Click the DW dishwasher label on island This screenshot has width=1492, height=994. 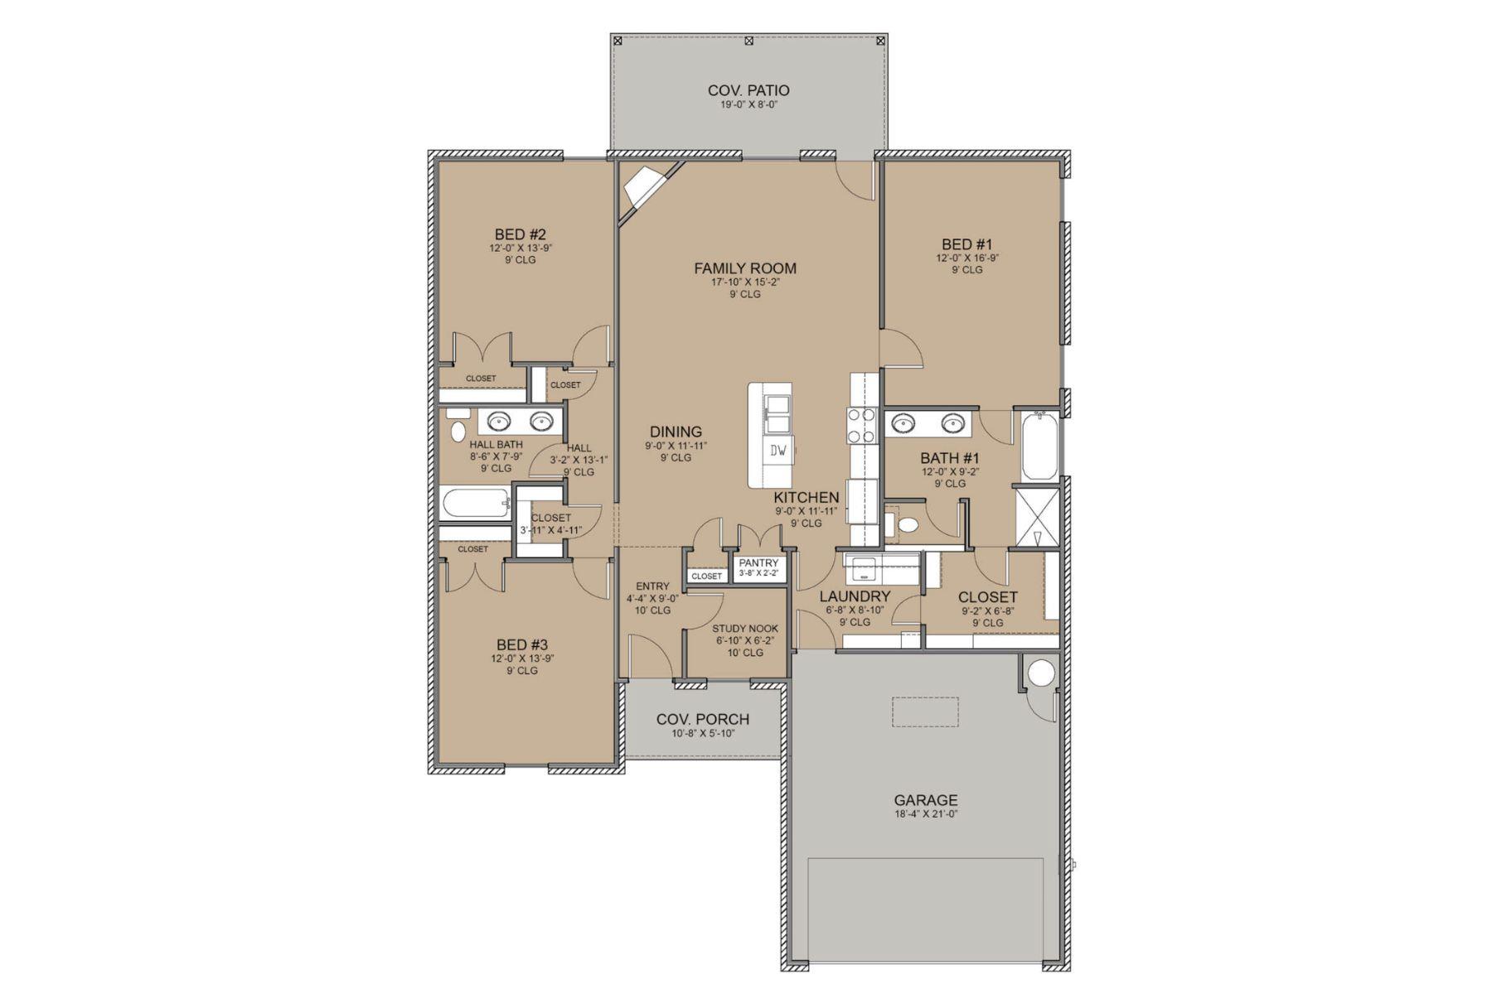coord(778,451)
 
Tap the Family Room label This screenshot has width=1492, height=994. coord(745,268)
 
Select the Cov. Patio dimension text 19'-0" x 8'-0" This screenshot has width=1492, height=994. coord(748,105)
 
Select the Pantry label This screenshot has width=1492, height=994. coord(758,563)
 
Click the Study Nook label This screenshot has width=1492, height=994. coord(745,629)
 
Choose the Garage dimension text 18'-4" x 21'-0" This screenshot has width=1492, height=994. coord(925,814)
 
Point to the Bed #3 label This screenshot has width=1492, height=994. coord(522,644)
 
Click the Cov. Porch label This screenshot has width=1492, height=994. coord(703,720)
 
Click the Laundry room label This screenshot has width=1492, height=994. coord(855,596)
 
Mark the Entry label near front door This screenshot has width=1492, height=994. coord(652,586)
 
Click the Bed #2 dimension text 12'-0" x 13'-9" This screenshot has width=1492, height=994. coord(521,248)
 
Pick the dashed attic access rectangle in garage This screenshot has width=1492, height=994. coord(925,712)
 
